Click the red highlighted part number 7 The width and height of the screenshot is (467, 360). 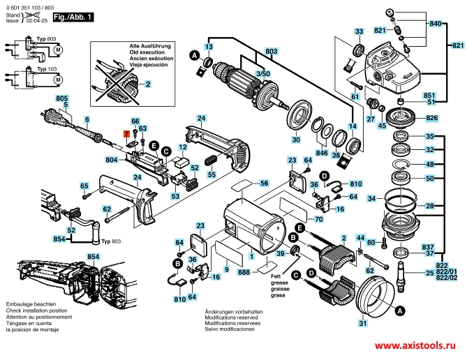(126, 133)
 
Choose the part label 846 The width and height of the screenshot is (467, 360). (321, 152)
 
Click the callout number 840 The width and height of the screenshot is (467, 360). (435, 24)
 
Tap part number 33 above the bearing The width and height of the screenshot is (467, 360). (358, 32)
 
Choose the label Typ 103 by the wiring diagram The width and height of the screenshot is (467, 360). (47, 69)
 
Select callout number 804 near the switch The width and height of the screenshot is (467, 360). (112, 160)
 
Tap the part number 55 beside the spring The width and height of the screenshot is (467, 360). (213, 174)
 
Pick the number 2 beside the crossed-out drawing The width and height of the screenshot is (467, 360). (147, 84)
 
